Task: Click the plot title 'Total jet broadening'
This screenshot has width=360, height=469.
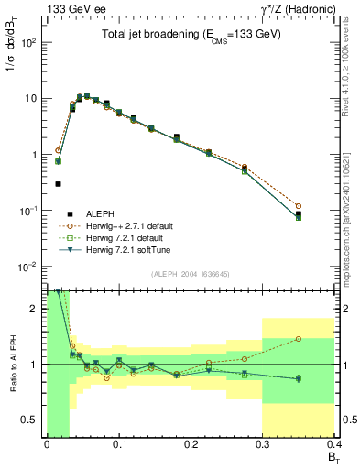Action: click(191, 34)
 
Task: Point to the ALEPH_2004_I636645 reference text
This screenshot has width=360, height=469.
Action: click(191, 273)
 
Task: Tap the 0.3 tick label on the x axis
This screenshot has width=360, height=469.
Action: click(262, 446)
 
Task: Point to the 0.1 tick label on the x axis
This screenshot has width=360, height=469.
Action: click(118, 446)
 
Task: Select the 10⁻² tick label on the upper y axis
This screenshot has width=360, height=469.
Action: click(27, 267)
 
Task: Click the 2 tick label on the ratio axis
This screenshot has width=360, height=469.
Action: click(36, 309)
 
